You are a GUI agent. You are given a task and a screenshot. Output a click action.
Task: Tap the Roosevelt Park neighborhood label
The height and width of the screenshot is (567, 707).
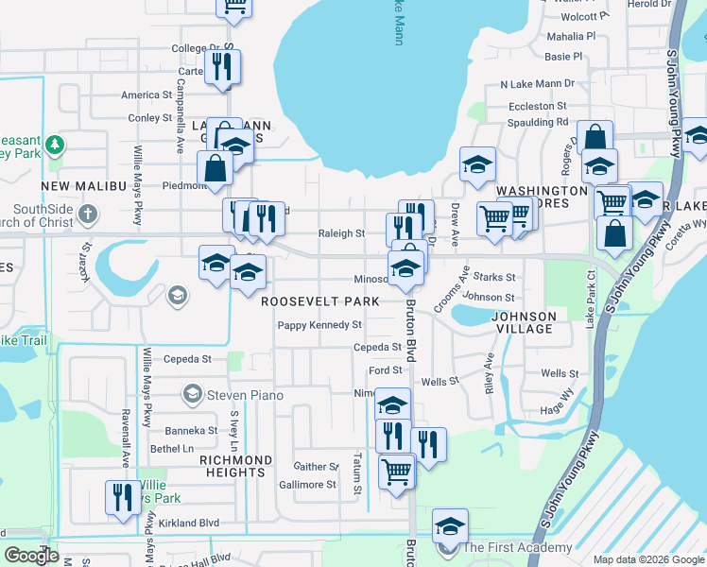[x=319, y=301]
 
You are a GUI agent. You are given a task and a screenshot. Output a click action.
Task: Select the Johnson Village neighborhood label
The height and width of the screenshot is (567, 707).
[x=524, y=322]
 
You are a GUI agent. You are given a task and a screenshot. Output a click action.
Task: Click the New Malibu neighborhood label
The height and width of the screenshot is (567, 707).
[x=83, y=185]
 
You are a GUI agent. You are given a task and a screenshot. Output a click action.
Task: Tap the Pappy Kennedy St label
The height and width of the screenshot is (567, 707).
[x=319, y=325]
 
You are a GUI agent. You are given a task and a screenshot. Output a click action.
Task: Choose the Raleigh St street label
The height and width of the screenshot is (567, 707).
[x=340, y=232]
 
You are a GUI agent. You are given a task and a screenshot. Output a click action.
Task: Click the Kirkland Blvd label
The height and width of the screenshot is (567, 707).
[x=189, y=523]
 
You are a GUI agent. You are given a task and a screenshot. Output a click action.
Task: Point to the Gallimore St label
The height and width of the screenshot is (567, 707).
[x=307, y=485]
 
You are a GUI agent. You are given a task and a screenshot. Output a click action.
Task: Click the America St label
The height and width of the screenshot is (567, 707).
[x=147, y=94]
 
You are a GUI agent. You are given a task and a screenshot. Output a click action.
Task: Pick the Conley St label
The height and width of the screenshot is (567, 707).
[x=150, y=118]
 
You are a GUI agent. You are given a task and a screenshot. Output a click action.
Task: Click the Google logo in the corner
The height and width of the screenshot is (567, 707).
[x=32, y=556]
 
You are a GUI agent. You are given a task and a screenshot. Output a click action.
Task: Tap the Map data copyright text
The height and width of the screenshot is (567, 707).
[x=648, y=559]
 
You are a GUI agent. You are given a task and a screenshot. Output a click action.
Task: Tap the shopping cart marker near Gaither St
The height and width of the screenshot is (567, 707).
[x=396, y=470]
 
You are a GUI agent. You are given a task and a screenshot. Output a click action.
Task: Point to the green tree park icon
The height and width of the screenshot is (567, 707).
[x=55, y=144]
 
